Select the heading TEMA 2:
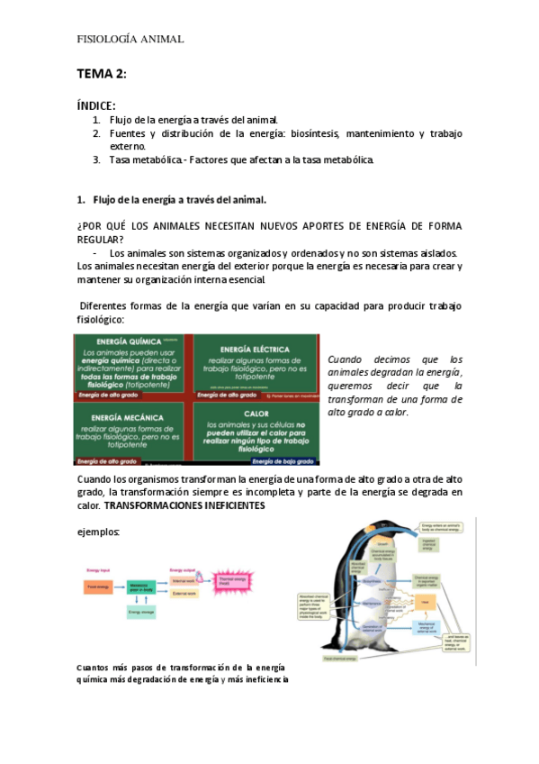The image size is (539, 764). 102,73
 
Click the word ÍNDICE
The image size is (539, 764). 95,105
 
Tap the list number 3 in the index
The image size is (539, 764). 96,160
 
